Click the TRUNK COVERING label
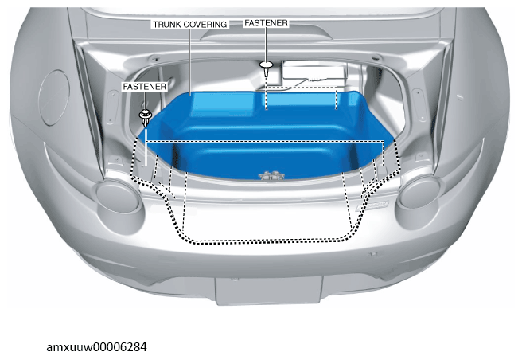[x=190, y=25]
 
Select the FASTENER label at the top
[x=266, y=23]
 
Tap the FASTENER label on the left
[x=145, y=87]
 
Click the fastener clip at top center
[x=267, y=68]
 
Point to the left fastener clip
[x=145, y=117]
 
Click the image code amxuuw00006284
[x=96, y=347]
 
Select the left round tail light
[x=117, y=195]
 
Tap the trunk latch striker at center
[x=271, y=176]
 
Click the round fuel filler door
[x=54, y=97]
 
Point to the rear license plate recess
[x=269, y=290]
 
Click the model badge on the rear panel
[x=373, y=205]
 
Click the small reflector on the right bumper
[x=373, y=255]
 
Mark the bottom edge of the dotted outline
[x=267, y=241]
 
